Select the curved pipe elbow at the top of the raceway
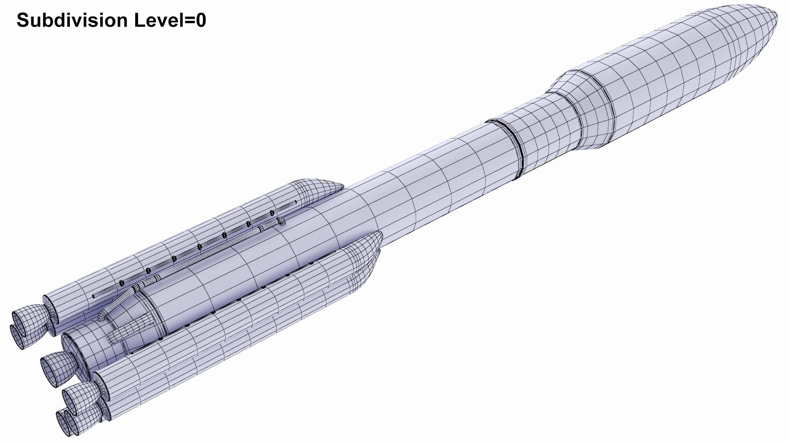(281, 222)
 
